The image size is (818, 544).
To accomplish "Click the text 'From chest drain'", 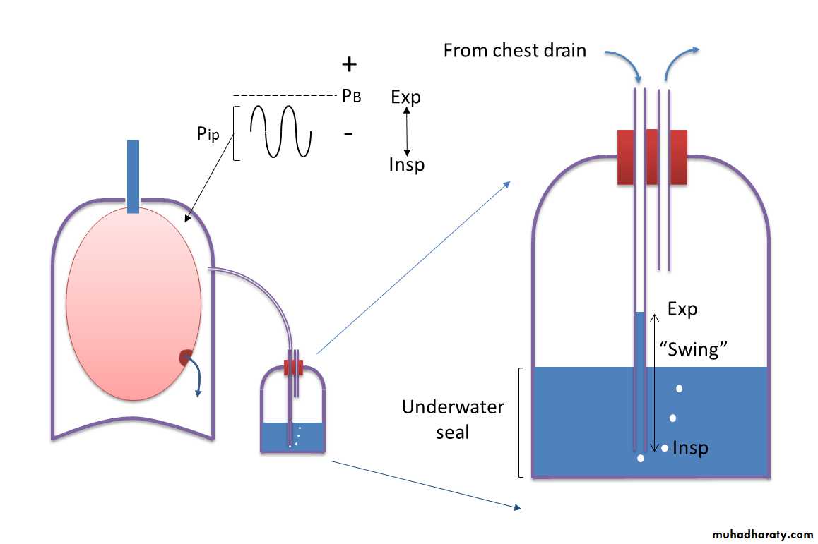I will coord(514,51).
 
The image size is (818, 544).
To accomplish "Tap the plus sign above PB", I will coord(349,65).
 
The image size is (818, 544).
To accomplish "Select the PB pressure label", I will coord(351,97).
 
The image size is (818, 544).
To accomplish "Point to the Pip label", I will coord(208,133).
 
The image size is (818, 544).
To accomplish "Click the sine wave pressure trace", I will coord(280,131).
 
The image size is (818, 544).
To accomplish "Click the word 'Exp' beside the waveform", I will coord(405,97).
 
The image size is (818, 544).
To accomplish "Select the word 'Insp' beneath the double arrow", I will coord(407,164).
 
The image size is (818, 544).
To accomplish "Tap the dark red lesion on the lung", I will coord(186,358).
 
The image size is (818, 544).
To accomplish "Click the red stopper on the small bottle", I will coord(293,368).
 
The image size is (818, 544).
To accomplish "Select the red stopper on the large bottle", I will coord(652,157).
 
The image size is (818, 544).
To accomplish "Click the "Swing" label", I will coord(693,349).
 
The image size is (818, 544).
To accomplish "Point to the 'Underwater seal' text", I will coord(453,419).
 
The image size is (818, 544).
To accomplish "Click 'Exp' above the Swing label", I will coord(682,309).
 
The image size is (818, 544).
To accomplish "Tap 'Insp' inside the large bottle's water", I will coord(690,448).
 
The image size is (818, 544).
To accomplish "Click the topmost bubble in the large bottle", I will coord(680,388).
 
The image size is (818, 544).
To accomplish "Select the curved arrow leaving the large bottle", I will coord(680,60).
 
